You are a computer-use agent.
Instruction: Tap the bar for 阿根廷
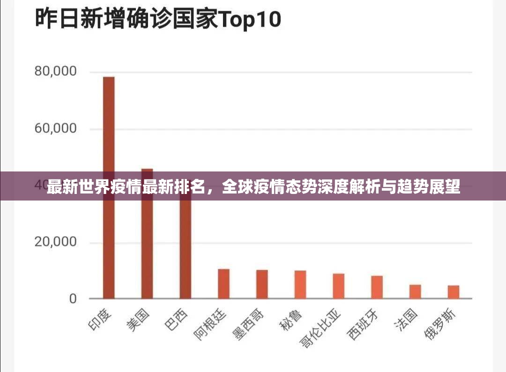point(223,284)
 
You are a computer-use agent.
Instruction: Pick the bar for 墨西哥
point(262,284)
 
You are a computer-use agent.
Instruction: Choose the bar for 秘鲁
point(300,285)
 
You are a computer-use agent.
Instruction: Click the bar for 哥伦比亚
point(339,286)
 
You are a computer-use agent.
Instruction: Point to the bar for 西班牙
point(377,287)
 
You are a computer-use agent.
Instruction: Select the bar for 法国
point(415,291)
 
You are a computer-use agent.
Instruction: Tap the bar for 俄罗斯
point(454,292)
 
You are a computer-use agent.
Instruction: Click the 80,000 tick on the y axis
point(55,72)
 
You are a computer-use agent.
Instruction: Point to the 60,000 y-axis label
point(55,129)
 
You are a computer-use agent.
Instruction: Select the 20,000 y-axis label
point(55,242)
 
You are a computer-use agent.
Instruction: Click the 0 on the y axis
point(73,299)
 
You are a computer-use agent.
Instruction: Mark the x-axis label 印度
point(100,321)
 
